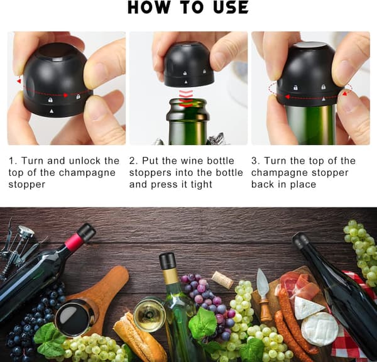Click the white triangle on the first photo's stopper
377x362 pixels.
(x=52, y=111)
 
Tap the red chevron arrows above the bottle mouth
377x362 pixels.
(x=186, y=99)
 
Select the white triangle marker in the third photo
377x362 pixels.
(x=324, y=99)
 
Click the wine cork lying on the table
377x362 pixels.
(x=222, y=280)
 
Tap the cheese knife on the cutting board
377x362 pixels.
(x=263, y=295)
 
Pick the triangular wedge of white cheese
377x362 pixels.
(x=309, y=307)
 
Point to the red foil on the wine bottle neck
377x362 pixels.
(x=73, y=241)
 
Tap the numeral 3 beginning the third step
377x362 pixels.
(x=254, y=161)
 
